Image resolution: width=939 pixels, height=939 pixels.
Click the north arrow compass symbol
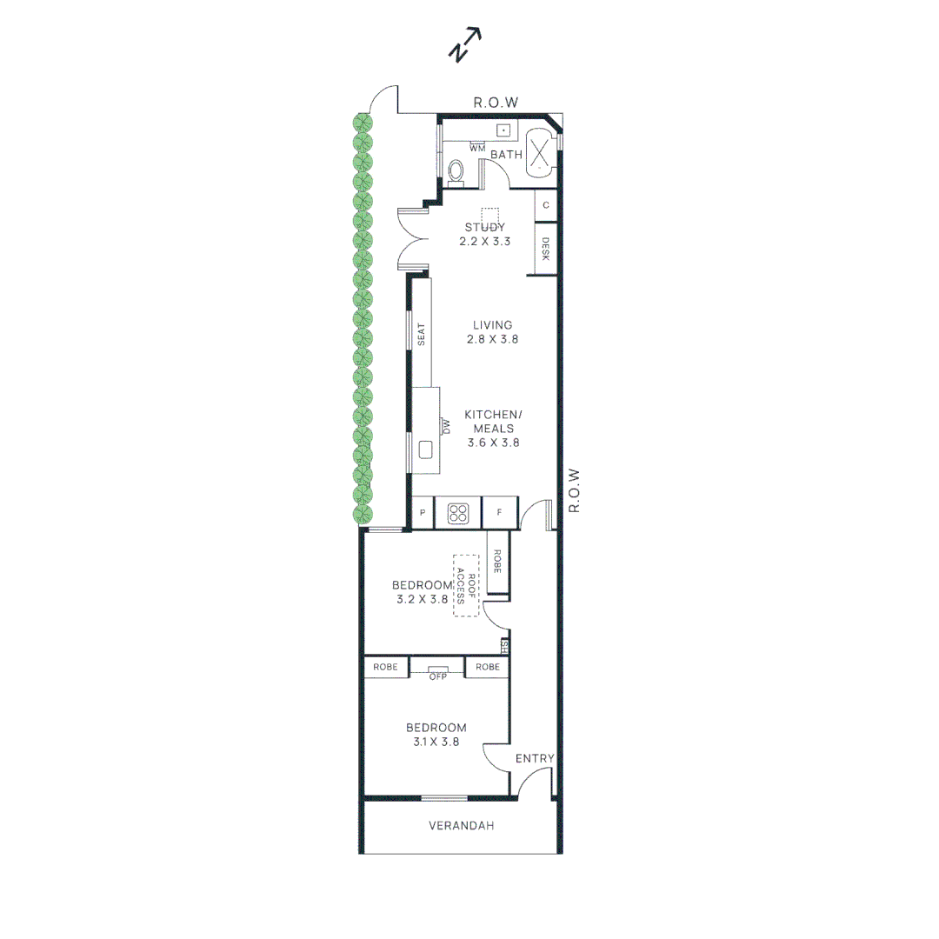tap(464, 45)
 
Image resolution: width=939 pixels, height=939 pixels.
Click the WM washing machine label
tap(476, 149)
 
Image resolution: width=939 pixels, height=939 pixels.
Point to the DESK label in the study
tap(545, 250)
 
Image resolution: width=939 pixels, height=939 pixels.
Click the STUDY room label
tap(484, 228)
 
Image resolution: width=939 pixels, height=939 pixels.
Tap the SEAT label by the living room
tap(421, 335)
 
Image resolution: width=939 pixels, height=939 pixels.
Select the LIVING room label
tap(492, 325)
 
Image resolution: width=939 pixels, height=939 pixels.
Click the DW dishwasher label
tap(447, 425)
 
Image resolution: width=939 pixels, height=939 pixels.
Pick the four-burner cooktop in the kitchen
tap(458, 513)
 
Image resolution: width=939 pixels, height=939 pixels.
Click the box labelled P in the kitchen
tap(423, 513)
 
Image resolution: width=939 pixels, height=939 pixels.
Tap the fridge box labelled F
tap(499, 513)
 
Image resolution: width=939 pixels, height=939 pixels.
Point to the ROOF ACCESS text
tap(467, 586)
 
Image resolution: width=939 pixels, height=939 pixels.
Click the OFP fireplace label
tap(436, 676)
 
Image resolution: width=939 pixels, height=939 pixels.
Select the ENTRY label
tap(534, 758)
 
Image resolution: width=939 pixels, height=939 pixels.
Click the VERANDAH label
tap(461, 826)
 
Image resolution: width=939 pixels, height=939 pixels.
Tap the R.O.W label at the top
tap(496, 103)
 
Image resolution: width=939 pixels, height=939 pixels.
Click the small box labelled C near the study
tap(545, 205)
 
